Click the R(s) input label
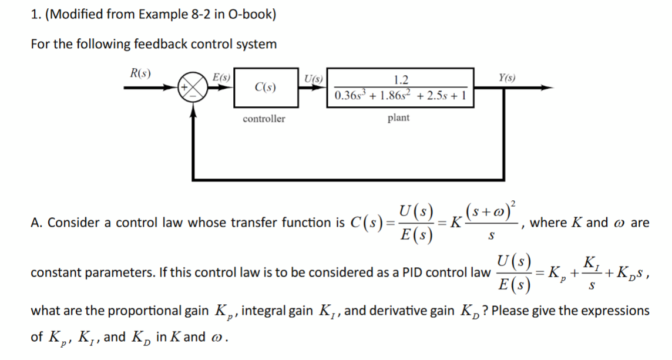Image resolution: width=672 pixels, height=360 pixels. [140, 73]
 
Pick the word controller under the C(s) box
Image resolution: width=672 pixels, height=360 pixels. [264, 119]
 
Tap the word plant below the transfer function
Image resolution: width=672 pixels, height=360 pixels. [399, 117]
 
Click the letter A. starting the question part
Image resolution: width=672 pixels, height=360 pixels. [36, 223]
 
